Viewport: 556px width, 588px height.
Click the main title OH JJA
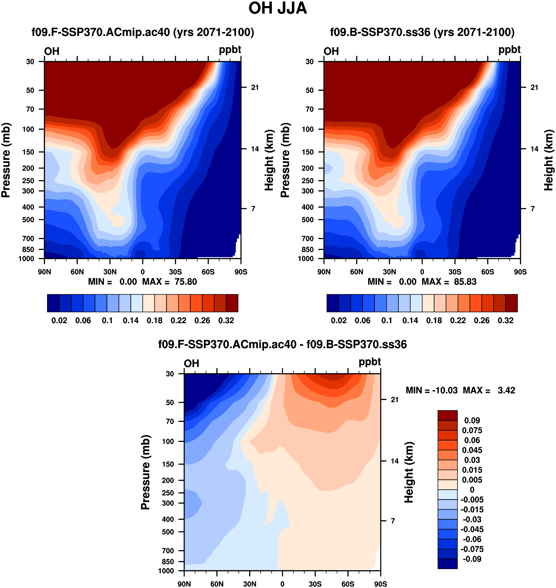coord(278,8)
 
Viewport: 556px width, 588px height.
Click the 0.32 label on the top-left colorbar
coord(226,320)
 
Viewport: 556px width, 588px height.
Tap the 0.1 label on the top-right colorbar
coord(386,320)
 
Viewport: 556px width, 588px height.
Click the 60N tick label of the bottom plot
coord(217,584)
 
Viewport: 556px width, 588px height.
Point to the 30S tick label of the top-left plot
coord(175,272)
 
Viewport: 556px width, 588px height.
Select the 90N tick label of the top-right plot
coord(324,272)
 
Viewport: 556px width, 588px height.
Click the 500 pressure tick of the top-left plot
coord(28,220)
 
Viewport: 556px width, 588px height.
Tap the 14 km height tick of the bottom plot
coord(395,461)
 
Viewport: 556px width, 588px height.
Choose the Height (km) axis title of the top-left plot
coord(269,160)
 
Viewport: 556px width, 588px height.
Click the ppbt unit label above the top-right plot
coord(509,50)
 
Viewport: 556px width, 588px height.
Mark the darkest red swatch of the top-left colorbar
coord(232,303)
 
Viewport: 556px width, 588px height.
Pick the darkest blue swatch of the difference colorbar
coord(448,564)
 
